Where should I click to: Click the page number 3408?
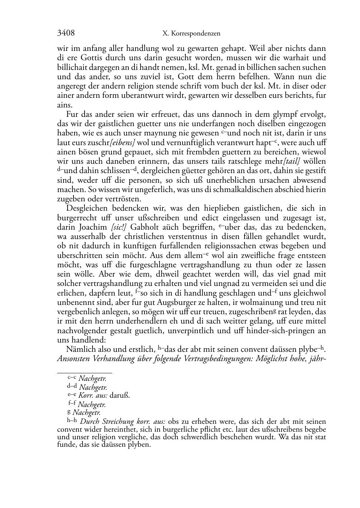coord(66,33)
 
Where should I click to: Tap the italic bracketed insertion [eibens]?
coord(122,143)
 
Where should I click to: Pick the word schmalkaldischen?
coord(243,190)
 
